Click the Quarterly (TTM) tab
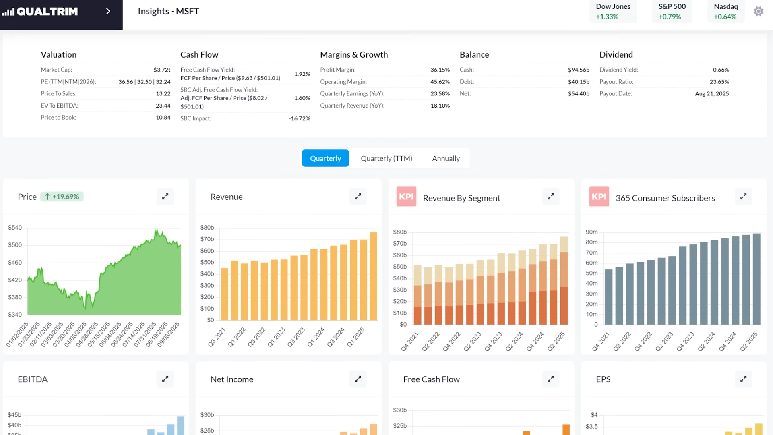[386, 158]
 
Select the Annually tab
[446, 158]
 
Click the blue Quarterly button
[325, 158]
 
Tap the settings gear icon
[759, 11]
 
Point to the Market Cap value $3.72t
[162, 70]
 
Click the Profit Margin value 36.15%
[440, 70]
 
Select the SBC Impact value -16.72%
[299, 118]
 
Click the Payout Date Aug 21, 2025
[711, 93]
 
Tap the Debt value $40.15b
[579, 81]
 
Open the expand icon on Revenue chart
[358, 197]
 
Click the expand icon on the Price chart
[165, 197]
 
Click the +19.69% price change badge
[62, 197]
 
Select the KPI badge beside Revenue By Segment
[406, 197]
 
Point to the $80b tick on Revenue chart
[207, 228]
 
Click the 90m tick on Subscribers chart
[591, 232]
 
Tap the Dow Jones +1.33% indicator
[613, 11]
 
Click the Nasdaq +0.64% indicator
[725, 11]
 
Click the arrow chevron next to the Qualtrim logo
[108, 11]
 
